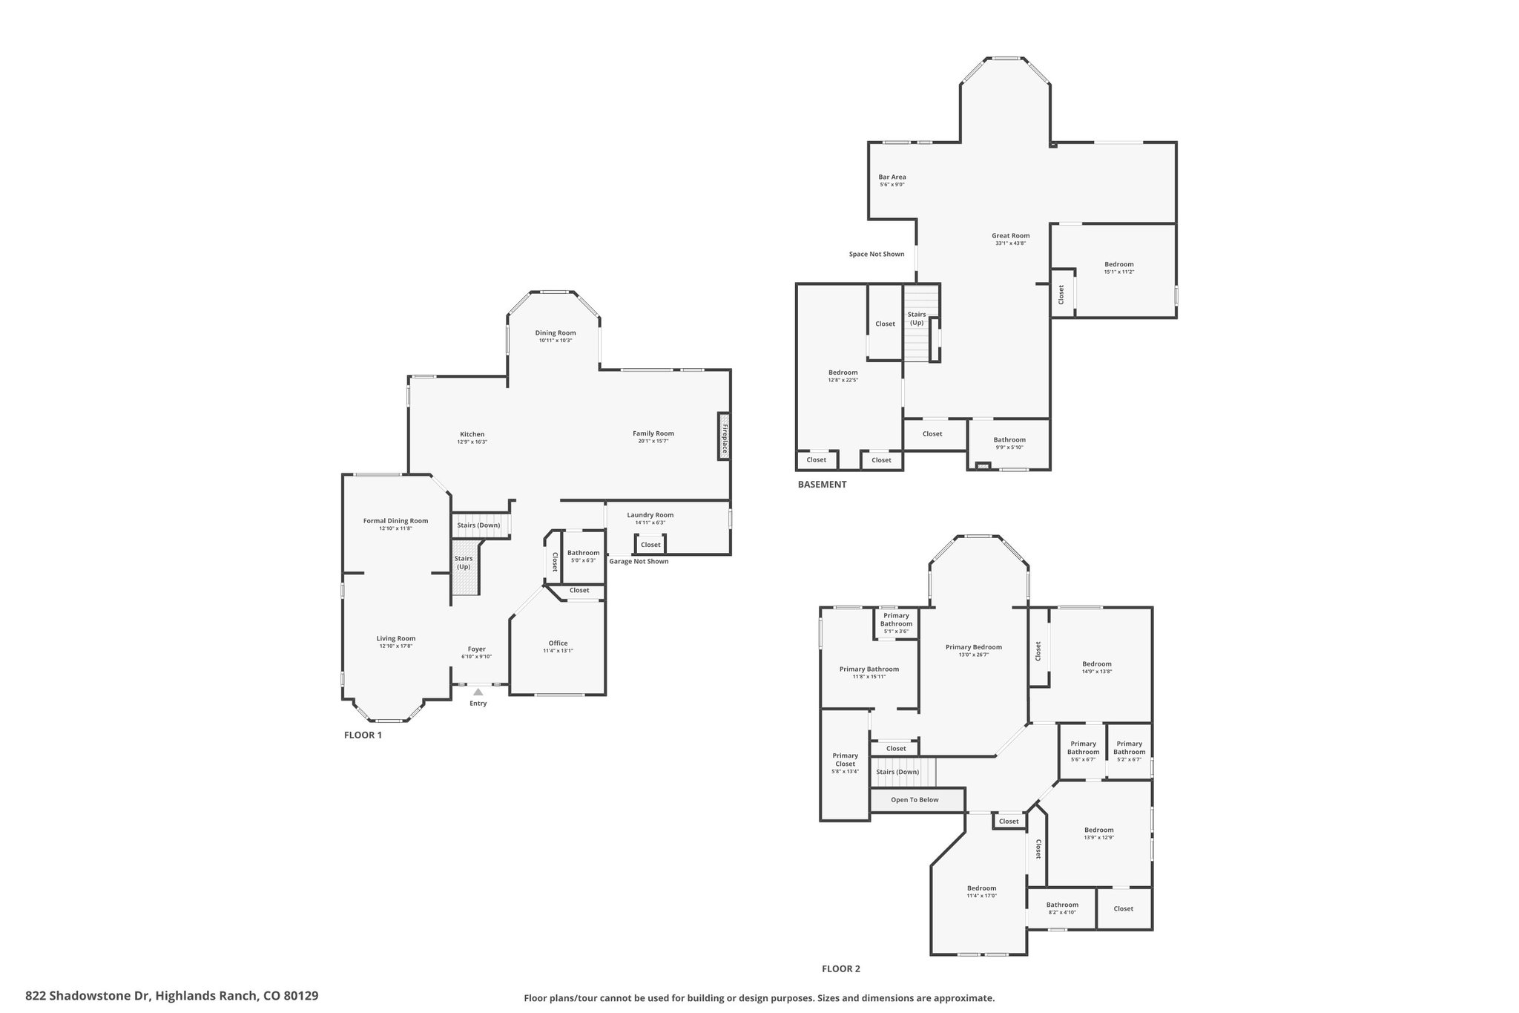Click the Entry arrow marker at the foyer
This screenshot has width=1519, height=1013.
pos(478,692)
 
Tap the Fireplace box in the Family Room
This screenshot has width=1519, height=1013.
pos(723,436)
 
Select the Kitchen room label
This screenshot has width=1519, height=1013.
pos(472,434)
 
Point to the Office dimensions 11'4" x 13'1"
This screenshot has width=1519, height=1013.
pos(558,651)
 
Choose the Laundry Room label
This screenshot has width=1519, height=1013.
pos(650,515)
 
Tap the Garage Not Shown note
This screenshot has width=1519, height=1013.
pos(639,561)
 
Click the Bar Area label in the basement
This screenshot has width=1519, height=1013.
pos(892,177)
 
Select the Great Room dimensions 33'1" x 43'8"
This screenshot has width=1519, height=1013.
pos(1010,243)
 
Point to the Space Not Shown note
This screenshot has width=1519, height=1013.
pos(877,254)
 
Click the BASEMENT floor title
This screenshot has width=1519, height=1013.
pos(822,485)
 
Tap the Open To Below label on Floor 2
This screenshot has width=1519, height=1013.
pos(915,800)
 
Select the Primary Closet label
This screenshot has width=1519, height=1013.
pos(845,760)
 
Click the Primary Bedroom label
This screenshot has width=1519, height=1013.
pos(974,647)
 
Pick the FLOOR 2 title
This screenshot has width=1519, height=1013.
pos(841,968)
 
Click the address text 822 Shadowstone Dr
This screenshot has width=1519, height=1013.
pos(88,995)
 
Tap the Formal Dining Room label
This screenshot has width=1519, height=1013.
pos(395,521)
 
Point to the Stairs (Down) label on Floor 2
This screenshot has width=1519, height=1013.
pos(897,772)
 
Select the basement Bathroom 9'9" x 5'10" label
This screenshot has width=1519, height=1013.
pos(1009,443)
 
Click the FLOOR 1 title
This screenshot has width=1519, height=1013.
pos(363,735)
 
